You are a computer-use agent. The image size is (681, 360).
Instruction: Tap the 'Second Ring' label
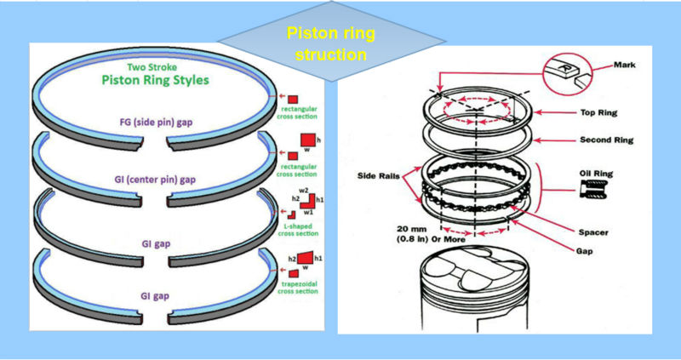[608, 139]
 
